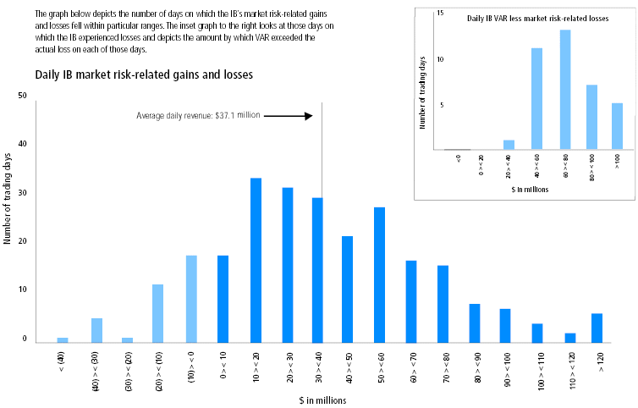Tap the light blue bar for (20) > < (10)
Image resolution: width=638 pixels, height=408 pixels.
point(158,313)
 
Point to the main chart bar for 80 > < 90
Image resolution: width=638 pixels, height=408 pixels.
point(474,323)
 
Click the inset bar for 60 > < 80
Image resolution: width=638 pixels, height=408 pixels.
point(565,90)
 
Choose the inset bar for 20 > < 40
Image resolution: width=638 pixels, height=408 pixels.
point(509,145)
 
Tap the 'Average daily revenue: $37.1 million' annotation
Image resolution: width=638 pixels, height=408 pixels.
point(200,115)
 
